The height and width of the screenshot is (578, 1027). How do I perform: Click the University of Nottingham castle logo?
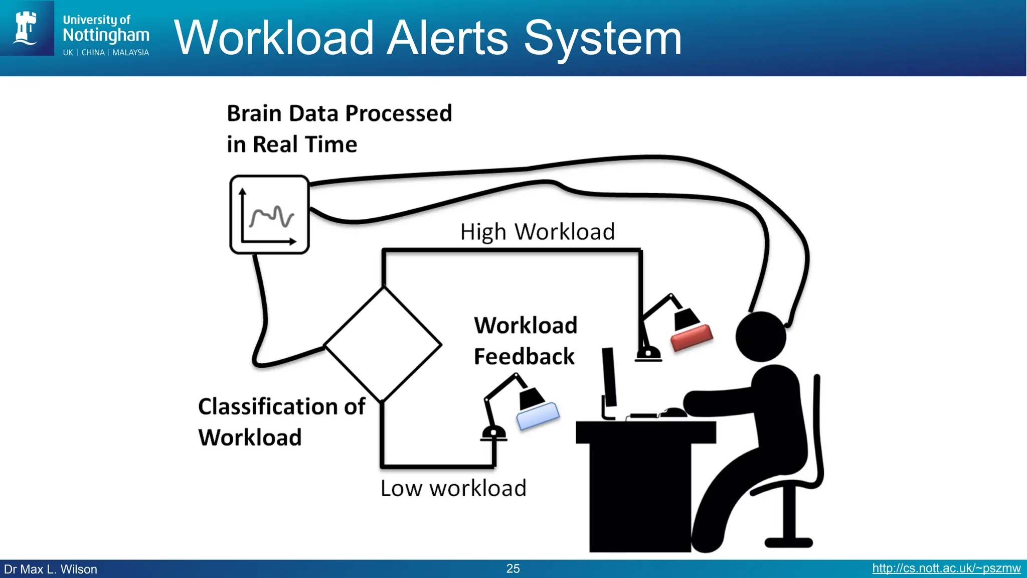pos(26,28)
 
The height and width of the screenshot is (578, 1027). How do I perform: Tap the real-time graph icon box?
pos(269,215)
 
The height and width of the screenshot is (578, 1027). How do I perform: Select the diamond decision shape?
pos(383,345)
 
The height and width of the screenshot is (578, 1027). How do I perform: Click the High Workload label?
pos(537,232)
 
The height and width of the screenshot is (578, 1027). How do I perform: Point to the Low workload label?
pos(453,488)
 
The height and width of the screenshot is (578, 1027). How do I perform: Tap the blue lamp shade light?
pos(538,416)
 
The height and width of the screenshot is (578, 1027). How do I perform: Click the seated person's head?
pos(761,337)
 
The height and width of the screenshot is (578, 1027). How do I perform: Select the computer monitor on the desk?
pos(609,377)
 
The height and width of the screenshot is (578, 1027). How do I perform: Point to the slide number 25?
pos(513,568)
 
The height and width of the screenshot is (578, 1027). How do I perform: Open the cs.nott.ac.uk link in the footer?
pos(946,568)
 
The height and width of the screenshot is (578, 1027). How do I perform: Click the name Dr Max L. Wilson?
pos(51,569)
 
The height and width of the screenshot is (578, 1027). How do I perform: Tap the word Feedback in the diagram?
pos(524,357)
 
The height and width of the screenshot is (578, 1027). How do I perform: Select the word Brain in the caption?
pos(254,113)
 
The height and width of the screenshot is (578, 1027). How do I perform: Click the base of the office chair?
pos(788,542)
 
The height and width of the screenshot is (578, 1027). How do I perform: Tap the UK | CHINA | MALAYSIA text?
pos(106,53)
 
